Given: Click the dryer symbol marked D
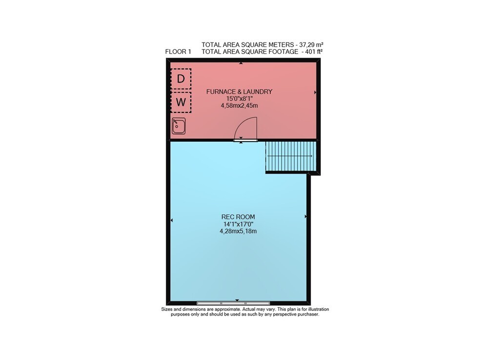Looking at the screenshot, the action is [x=181, y=79].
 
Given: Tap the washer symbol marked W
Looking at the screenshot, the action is [x=181, y=102].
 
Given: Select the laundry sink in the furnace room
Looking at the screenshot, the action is [x=179, y=126].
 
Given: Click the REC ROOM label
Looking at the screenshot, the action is [x=238, y=217].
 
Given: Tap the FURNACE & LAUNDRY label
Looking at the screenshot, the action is [x=239, y=91].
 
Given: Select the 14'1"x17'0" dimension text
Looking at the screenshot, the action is [x=239, y=224].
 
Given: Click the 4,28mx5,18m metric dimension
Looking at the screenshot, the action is [x=239, y=231].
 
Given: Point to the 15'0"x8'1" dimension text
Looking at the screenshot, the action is [x=239, y=98].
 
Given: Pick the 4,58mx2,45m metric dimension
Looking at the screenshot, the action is [x=239, y=106].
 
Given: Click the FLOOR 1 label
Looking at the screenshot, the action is [x=178, y=52].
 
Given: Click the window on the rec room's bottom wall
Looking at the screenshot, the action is [x=233, y=303].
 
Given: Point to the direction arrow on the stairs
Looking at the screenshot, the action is [x=290, y=156].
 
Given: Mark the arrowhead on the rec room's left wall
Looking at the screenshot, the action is [x=171, y=220].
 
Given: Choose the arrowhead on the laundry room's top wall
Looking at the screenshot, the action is [x=241, y=63].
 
